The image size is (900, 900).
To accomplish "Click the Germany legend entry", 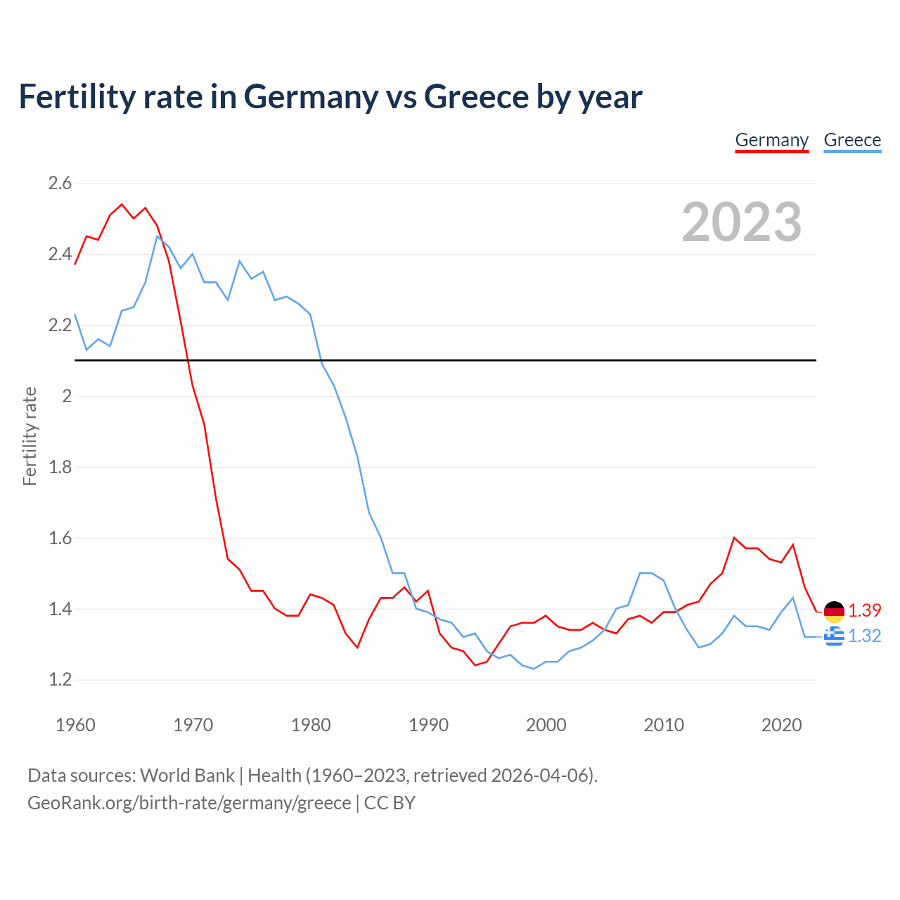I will tap(771, 140).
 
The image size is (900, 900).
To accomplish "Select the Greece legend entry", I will tap(852, 140).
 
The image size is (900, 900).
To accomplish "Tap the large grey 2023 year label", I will tap(742, 222).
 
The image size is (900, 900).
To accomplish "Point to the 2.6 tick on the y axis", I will tap(60, 184).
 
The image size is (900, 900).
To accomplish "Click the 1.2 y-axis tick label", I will tap(60, 680).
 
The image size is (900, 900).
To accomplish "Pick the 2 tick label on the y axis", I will tap(67, 396).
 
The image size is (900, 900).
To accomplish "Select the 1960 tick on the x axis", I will tap(75, 725).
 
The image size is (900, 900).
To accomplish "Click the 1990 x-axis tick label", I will tap(428, 725).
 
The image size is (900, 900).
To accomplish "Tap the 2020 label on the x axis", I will tap(781, 725).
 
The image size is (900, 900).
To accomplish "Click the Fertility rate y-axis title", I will tap(30, 436).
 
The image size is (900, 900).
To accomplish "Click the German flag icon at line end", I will tap(834, 612).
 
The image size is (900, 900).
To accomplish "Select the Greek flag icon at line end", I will tap(834, 636).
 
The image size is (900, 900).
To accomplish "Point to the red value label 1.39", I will tap(864, 610).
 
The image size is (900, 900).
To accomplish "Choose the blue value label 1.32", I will tap(864, 636).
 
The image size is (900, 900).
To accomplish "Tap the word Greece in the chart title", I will tap(476, 97).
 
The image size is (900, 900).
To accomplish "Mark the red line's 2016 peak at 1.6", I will tap(734, 538).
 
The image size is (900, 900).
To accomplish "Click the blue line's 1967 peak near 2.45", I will tap(157, 236).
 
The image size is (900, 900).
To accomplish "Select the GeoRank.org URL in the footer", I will tap(189, 803).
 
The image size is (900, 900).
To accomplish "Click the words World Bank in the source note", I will tap(187, 776).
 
